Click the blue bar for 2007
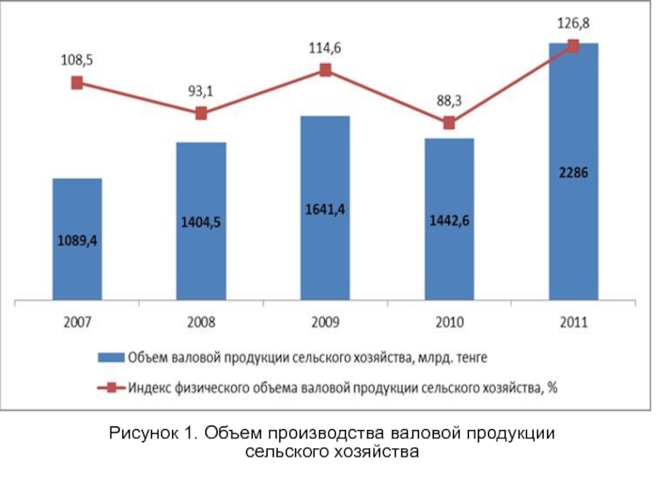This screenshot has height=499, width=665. click(76, 239)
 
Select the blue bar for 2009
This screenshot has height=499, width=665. click(325, 208)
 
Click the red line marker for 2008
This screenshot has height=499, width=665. click(201, 113)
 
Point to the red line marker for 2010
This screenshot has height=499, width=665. click(449, 123)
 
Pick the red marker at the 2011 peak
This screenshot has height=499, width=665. click(573, 46)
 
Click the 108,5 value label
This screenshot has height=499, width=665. click(76, 61)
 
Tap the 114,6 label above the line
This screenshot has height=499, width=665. click(325, 49)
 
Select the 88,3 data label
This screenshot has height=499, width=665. click(449, 101)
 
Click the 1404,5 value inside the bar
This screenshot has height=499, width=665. click(201, 222)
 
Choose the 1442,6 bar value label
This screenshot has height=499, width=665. click(449, 220)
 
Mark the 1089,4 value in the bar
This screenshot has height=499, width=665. click(76, 241)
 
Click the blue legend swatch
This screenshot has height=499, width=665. click(111, 358)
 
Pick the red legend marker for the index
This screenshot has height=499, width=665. click(111, 387)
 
